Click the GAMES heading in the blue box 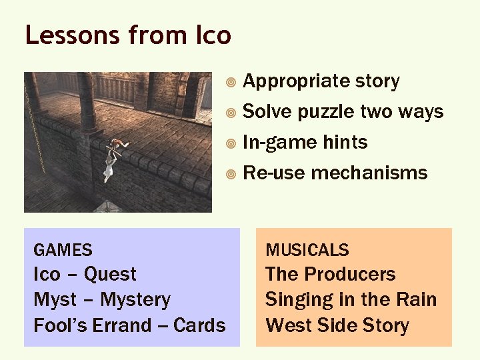click(x=63, y=251)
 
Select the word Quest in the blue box click(x=110, y=275)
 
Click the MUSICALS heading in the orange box click(x=307, y=251)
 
